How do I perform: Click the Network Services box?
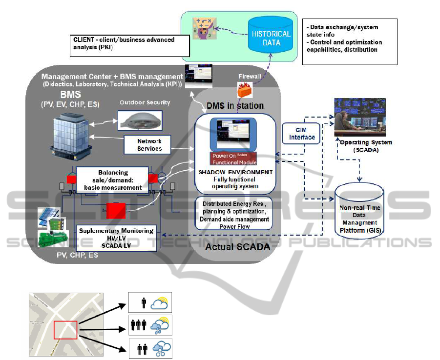tap(149, 144)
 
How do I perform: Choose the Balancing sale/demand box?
tap(112, 180)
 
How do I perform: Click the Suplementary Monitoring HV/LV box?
tap(117, 238)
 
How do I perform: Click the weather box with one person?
tap(150, 302)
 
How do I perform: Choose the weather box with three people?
tap(150, 325)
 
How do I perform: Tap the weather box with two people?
tap(150, 348)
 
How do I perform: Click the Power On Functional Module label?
tap(233, 159)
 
